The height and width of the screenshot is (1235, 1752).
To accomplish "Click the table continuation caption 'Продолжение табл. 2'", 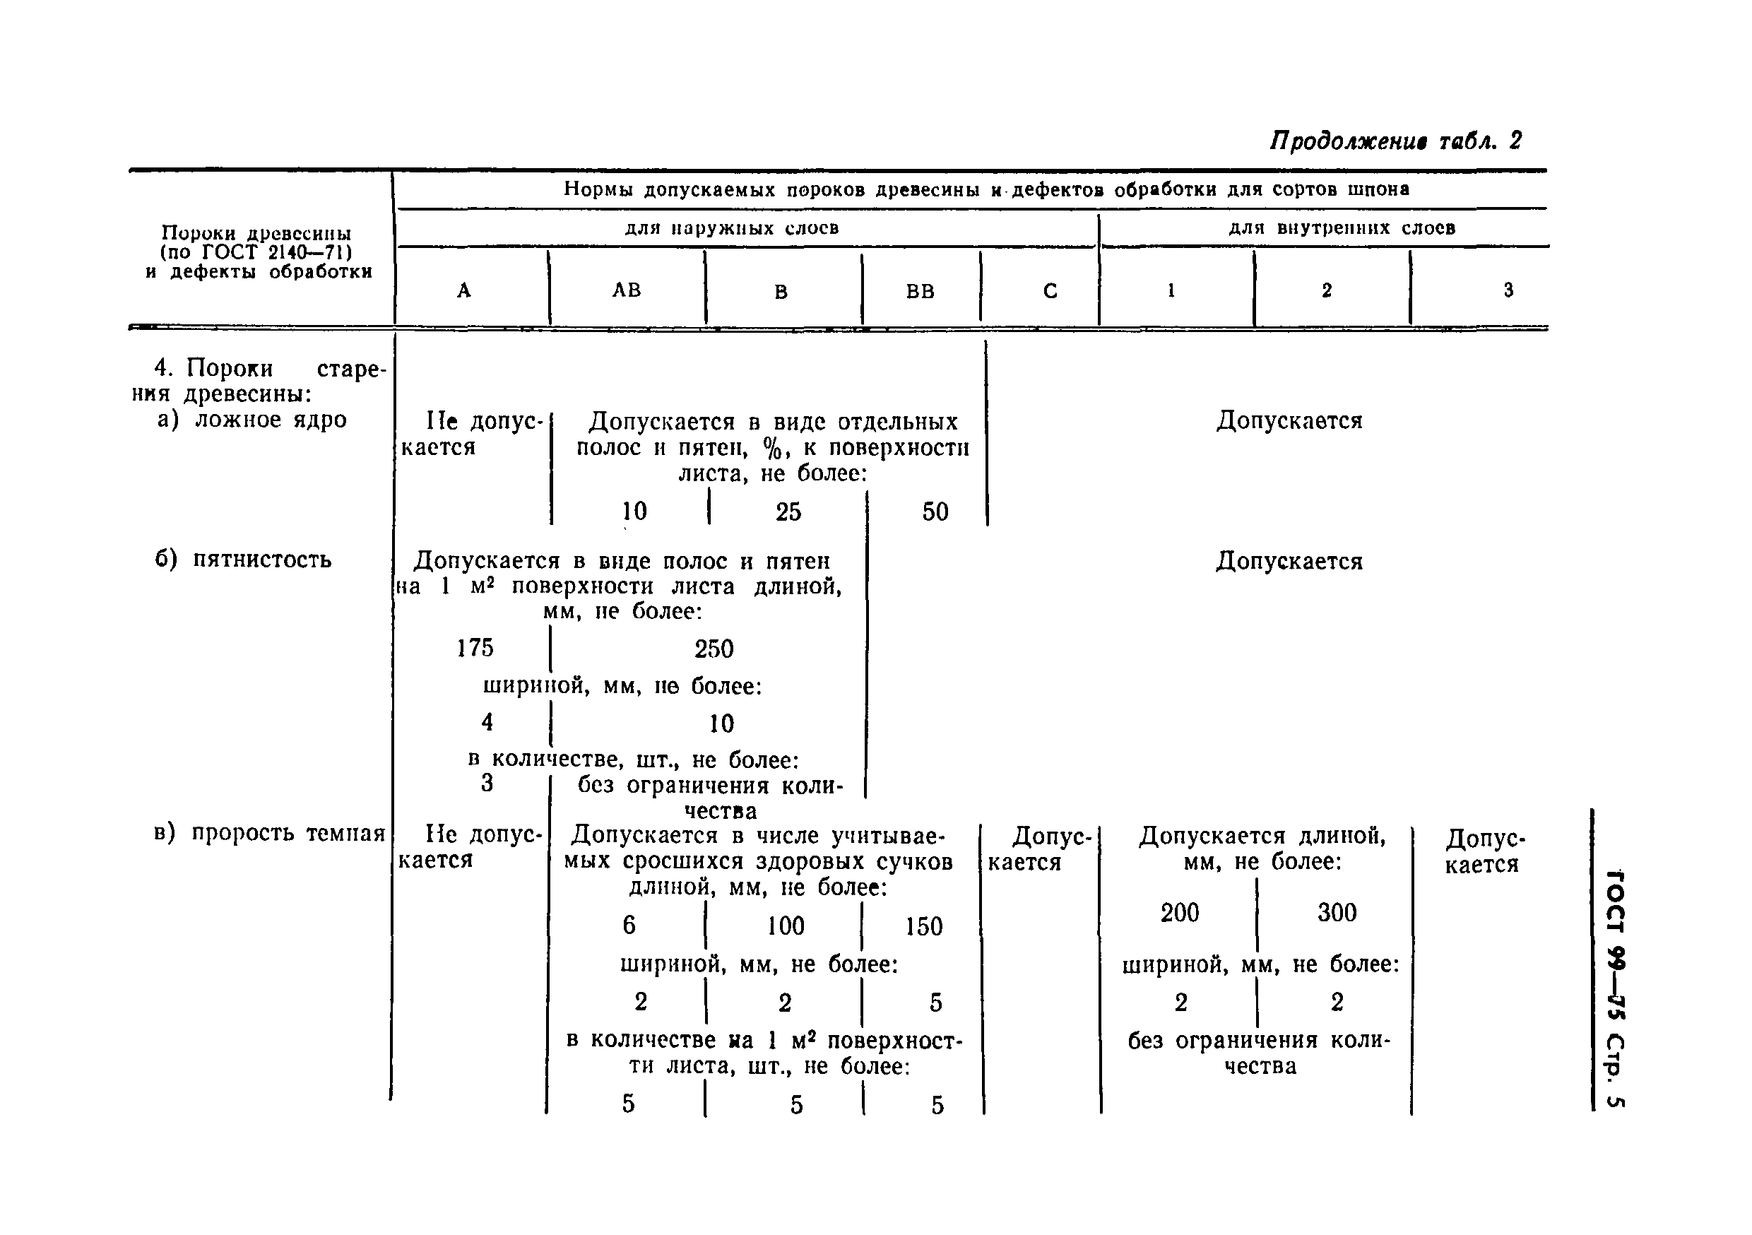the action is pos(1395,141).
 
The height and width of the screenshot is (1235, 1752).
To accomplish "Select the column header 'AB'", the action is pos(627,290).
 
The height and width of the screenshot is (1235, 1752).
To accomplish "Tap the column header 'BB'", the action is pos(921,292).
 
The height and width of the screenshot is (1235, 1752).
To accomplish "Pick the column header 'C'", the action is pos(1050,291).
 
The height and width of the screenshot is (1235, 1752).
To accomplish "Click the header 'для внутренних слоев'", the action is pos(1342,228).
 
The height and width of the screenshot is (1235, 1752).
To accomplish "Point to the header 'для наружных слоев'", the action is pos(732,228).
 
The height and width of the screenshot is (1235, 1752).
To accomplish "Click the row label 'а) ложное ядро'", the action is pos(251,420).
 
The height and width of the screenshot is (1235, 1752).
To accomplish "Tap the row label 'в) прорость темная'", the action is pos(269,833).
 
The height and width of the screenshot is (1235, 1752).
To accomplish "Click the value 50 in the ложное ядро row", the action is pos(935,512).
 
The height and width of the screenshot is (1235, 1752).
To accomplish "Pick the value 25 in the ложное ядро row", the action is pos(788,512).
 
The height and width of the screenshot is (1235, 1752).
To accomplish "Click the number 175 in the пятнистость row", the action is pos(475,648).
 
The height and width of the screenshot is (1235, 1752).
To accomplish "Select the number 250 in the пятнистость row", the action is pos(714,649).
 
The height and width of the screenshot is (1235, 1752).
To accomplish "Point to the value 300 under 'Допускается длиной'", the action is pos(1337,913).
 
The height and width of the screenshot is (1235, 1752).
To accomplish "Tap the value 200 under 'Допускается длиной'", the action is pos(1180,913).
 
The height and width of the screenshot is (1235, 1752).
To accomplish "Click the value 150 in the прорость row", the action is pos(923,927).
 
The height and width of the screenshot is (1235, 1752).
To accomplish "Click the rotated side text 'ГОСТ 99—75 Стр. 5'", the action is pos(1615,988).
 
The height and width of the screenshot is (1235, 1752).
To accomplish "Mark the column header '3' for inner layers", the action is pos(1508,290).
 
